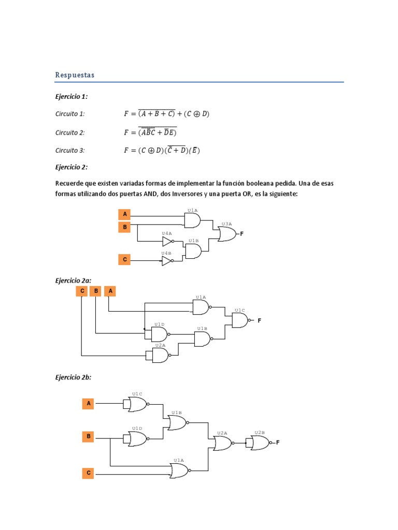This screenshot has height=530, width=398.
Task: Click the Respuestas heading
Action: point(75,75)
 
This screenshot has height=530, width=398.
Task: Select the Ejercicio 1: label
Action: point(72,96)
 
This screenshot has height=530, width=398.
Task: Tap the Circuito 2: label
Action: point(70,132)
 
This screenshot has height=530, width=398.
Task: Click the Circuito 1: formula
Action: point(166,114)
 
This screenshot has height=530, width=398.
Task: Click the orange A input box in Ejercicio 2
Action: point(124,214)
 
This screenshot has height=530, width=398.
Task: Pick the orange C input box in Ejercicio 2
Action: point(124,259)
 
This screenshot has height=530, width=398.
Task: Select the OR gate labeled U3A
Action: point(226,234)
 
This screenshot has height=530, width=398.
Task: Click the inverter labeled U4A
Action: point(167,242)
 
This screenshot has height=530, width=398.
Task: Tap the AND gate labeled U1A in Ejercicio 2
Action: point(192,220)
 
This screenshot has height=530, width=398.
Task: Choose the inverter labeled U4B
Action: point(167,261)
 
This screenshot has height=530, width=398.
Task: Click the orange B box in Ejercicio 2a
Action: point(96,291)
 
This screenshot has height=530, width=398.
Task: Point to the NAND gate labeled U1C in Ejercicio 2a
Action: point(240,321)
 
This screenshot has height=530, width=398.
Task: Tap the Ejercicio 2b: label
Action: point(73,377)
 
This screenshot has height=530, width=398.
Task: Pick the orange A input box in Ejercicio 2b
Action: point(89,403)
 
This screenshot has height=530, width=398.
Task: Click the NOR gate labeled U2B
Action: point(260,443)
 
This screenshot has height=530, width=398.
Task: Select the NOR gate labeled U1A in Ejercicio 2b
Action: point(179,470)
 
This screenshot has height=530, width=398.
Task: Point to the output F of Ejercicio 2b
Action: point(278,443)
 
